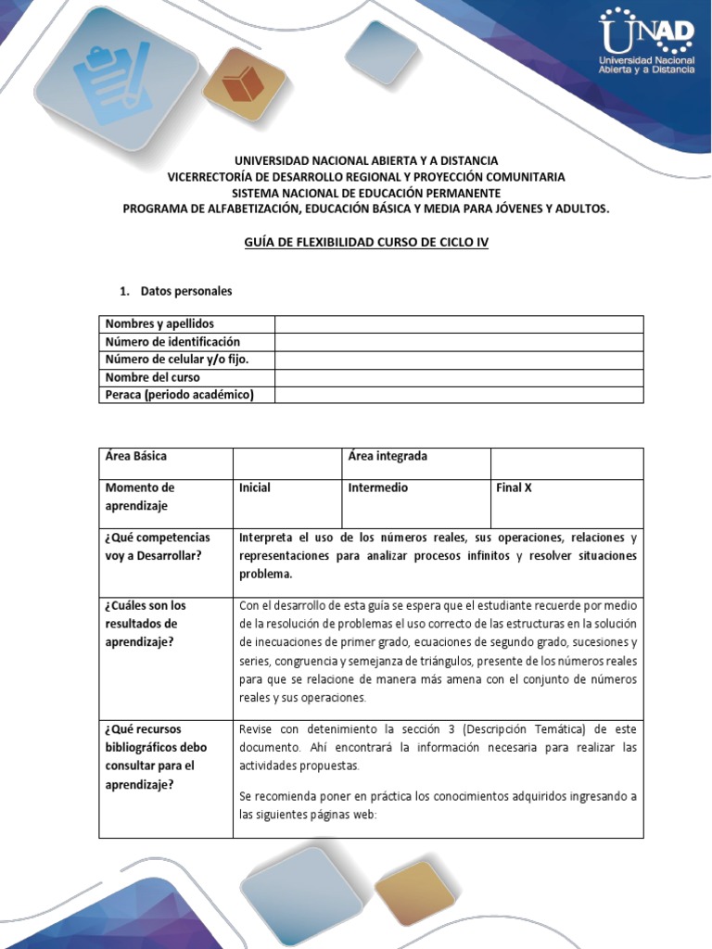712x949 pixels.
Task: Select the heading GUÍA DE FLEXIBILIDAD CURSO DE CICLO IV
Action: point(365,242)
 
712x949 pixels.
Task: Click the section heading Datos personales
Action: point(185,291)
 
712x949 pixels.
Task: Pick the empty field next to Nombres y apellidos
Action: point(458,324)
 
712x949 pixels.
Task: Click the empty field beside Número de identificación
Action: point(458,342)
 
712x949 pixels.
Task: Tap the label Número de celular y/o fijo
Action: point(177,360)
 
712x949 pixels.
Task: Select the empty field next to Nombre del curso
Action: point(458,377)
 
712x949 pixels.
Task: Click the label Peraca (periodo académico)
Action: point(179,395)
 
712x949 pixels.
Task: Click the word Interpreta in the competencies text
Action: point(267,538)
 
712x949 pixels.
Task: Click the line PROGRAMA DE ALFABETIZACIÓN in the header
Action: point(366,209)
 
